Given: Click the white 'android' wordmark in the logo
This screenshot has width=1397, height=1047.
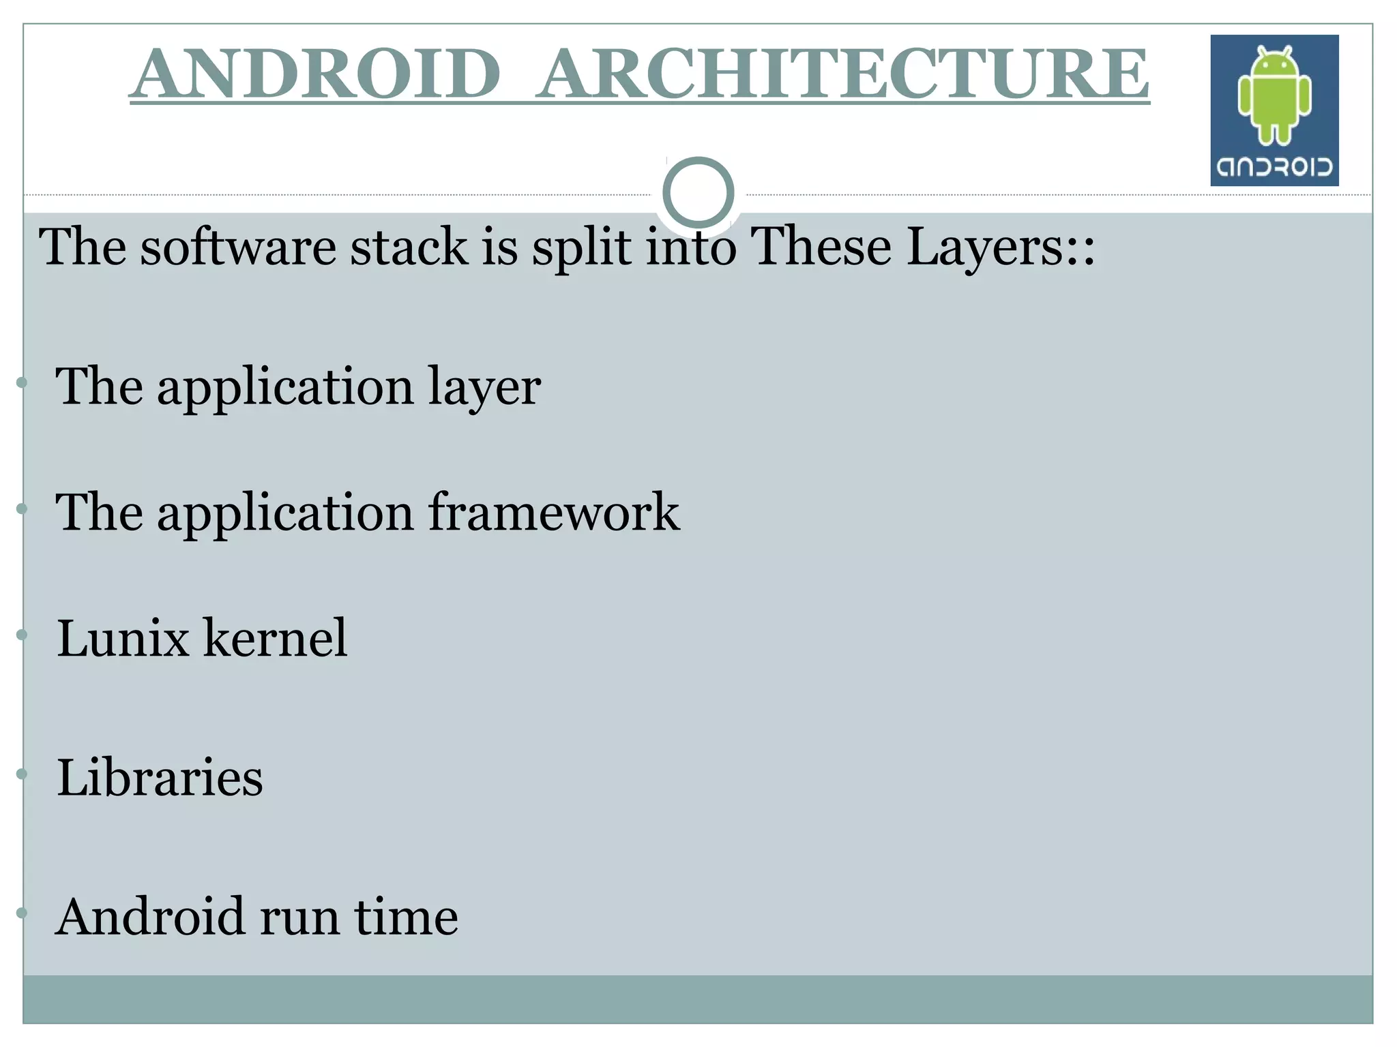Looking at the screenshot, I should coord(1274,167).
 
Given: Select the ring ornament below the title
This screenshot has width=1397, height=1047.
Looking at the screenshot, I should coord(698,193).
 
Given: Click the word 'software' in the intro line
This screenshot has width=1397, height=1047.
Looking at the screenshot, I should coord(238,246).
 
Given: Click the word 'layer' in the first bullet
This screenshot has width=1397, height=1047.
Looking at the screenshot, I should coord(484,387).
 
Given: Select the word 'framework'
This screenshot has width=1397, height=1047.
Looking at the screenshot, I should coord(553,512).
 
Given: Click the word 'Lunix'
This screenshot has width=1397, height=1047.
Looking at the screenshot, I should coord(123,638).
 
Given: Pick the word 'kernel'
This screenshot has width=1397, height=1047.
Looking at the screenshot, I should coord(276,638).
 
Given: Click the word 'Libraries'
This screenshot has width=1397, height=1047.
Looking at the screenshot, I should coord(160,777).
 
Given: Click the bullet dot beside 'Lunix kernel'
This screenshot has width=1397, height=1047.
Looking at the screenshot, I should coord(22,635).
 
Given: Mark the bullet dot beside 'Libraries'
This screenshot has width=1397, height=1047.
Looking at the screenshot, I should coord(22,774).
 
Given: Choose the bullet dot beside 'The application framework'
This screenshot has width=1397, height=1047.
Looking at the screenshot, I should coord(22,509).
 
